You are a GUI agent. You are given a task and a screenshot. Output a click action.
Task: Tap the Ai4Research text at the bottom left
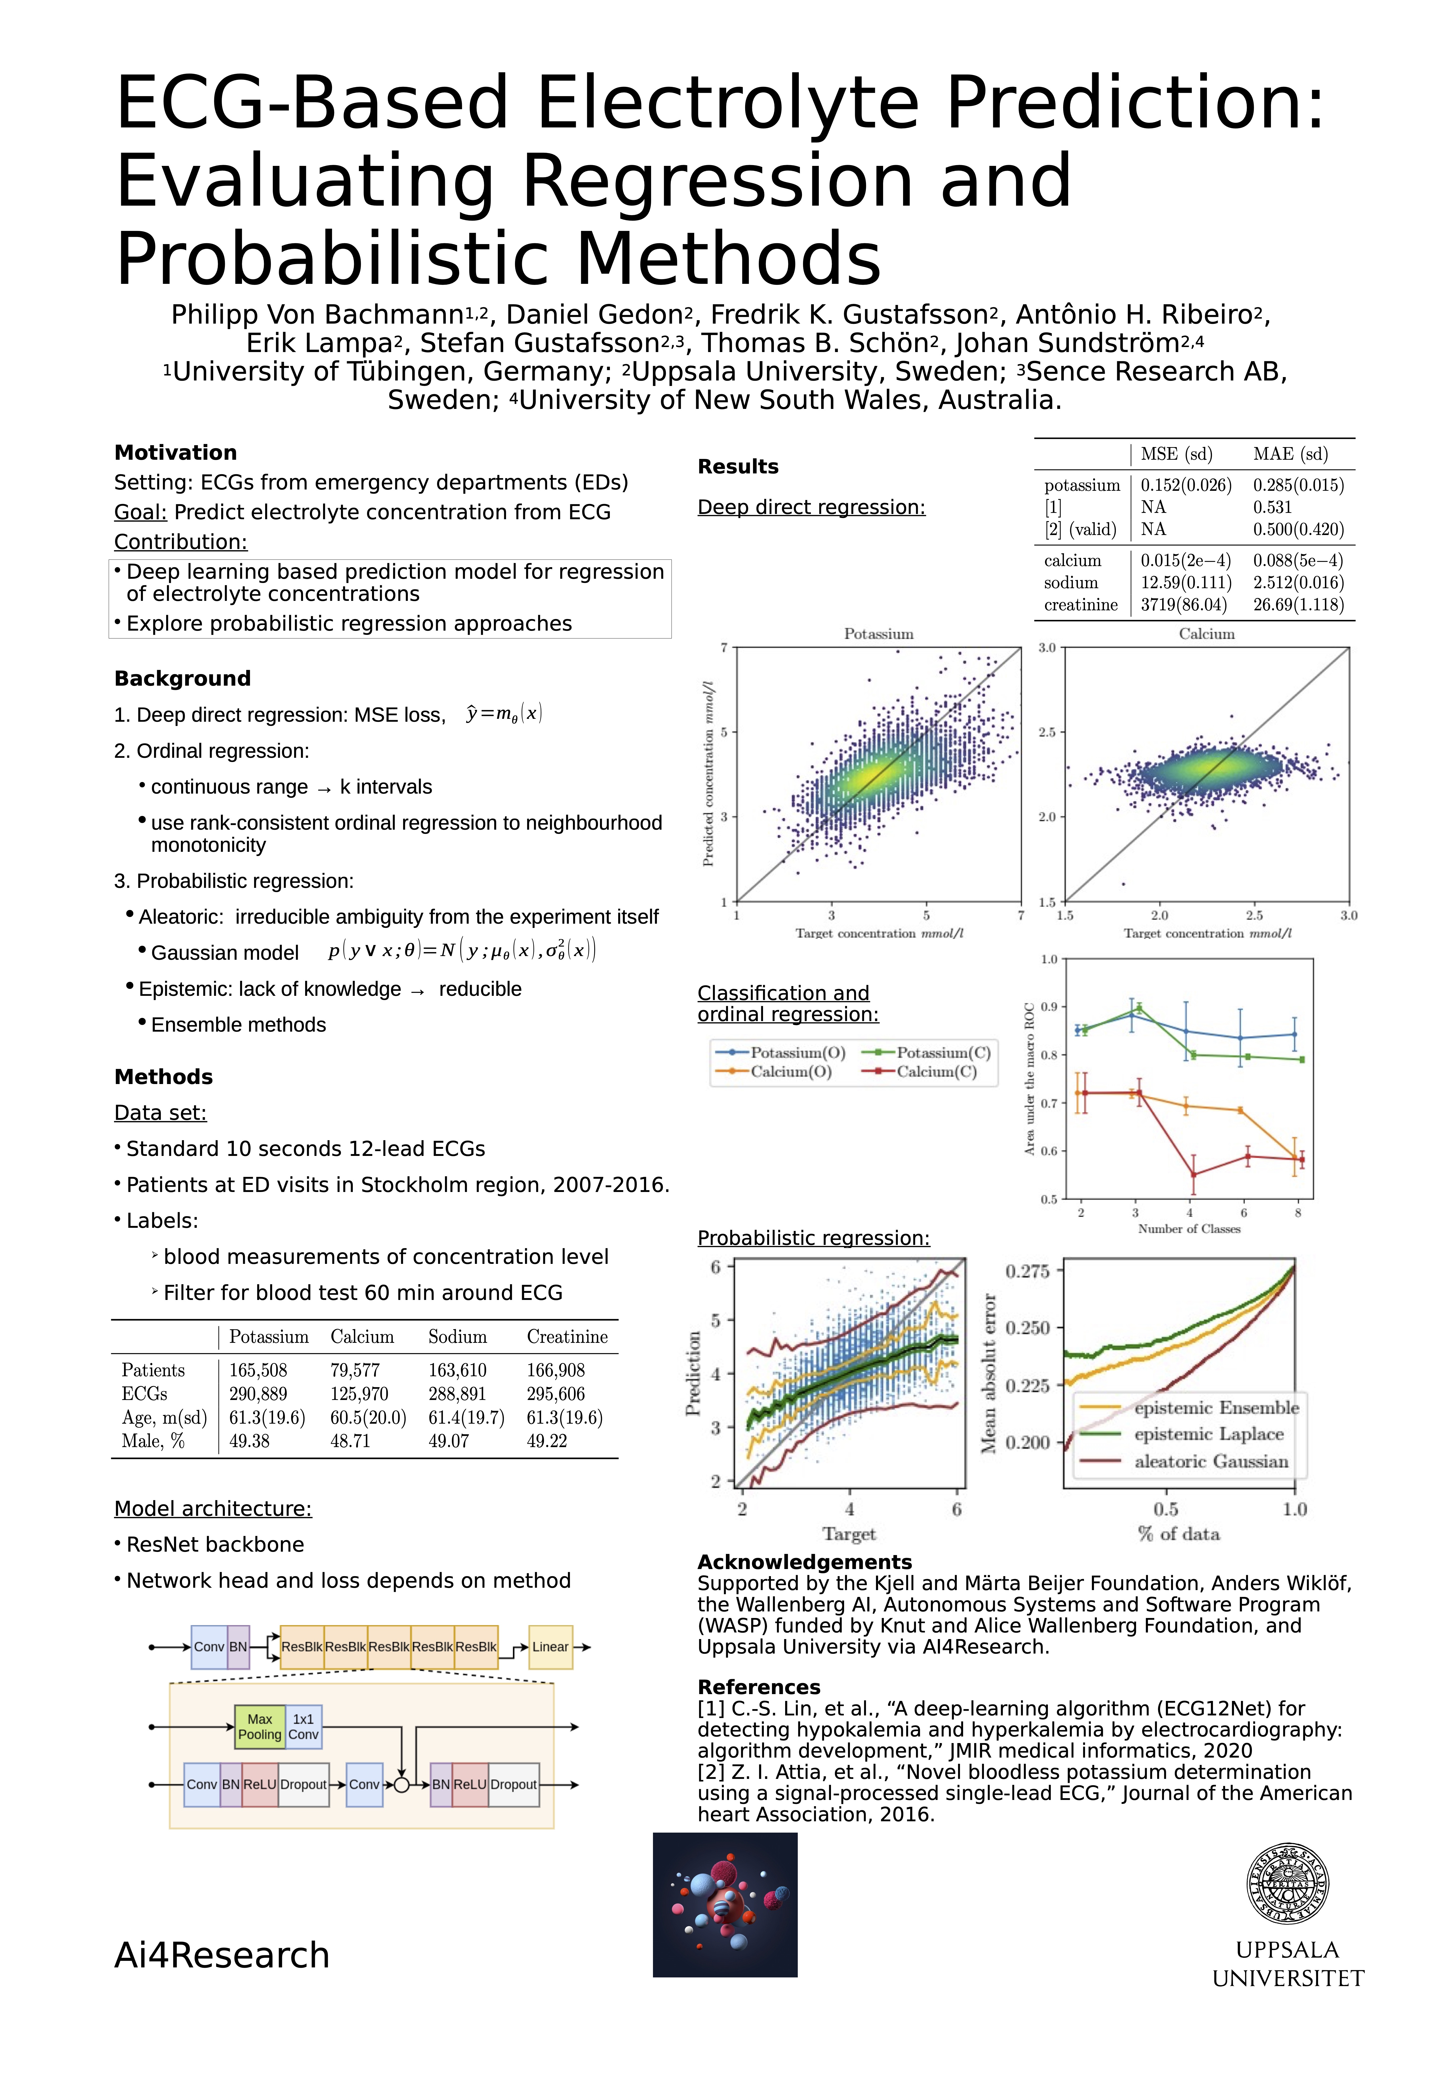[222, 1955]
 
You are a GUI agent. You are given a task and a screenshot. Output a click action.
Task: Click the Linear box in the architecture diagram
[550, 1647]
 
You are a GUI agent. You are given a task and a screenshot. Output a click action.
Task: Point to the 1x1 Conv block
[303, 1726]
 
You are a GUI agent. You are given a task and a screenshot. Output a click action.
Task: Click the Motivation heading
[175, 452]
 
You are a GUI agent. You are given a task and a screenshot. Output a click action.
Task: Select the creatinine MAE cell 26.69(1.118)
[1298, 604]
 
